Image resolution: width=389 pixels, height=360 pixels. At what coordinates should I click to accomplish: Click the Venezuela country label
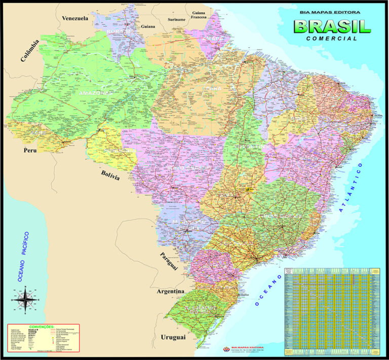[x=75, y=18]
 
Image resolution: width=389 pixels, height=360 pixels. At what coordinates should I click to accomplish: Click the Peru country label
[x=31, y=151]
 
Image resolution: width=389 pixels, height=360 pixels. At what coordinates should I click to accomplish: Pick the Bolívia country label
[x=110, y=176]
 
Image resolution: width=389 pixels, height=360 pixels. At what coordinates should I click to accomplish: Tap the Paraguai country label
[x=169, y=260]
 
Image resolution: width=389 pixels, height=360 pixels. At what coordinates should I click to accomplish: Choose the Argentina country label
[x=170, y=292]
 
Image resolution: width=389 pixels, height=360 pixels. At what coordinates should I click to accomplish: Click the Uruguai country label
[x=173, y=337]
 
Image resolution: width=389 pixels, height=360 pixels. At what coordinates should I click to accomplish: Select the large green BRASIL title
[x=332, y=26]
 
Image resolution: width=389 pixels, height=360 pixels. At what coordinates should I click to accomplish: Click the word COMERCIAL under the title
[x=332, y=38]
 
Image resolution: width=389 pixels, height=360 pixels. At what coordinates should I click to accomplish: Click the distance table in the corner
[x=332, y=309]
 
